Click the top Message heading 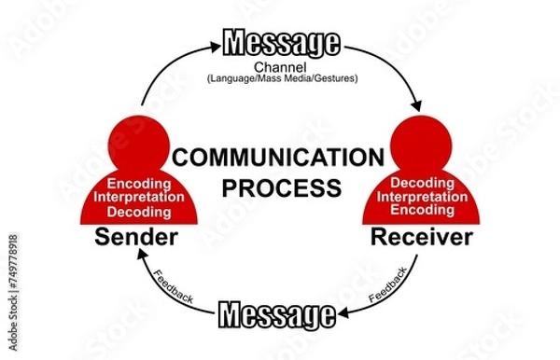(x=280, y=42)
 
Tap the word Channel (x=280, y=67)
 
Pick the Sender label (x=136, y=238)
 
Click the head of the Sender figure (x=137, y=141)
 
